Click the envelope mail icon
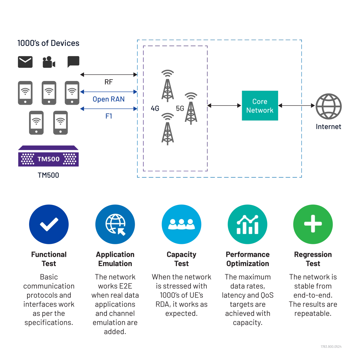(x=25, y=62)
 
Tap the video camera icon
(x=49, y=62)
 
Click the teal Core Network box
(x=260, y=106)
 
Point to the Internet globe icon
(x=328, y=106)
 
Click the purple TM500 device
(x=48, y=156)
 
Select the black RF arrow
(x=109, y=74)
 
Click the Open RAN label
(x=109, y=99)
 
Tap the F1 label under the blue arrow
(x=109, y=116)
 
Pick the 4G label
(x=155, y=108)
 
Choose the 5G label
(x=180, y=108)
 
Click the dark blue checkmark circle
(x=49, y=224)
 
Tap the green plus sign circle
(x=313, y=224)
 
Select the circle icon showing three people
(x=181, y=224)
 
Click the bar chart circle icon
(x=247, y=224)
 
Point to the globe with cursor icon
(x=115, y=224)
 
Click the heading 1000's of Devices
(x=48, y=43)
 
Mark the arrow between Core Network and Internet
(x=297, y=106)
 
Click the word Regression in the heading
(x=313, y=255)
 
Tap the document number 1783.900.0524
(x=331, y=346)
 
